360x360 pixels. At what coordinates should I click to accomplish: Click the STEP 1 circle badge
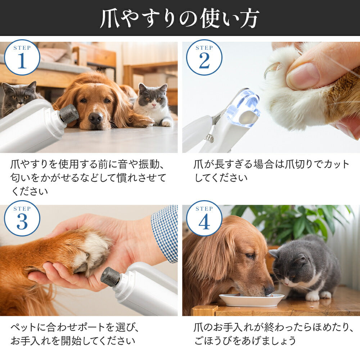[22, 57]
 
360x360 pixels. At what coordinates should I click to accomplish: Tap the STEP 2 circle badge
[204, 57]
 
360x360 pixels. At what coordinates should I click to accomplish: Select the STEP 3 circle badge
[22, 219]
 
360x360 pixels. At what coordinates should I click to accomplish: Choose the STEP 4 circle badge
[204, 219]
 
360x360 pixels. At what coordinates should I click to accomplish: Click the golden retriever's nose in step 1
[96, 118]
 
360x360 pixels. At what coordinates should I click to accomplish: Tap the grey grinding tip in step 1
[69, 113]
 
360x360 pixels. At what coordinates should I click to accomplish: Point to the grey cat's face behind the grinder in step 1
[19, 96]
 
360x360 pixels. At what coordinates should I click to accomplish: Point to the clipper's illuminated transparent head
[244, 108]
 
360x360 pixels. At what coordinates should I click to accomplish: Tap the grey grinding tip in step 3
[111, 276]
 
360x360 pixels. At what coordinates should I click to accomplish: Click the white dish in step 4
[251, 300]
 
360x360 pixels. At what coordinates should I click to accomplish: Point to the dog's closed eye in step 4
[250, 256]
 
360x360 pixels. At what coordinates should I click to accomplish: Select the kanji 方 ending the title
[249, 18]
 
